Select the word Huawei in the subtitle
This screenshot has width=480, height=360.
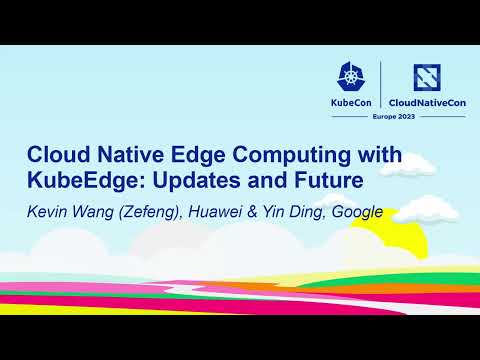tap(221, 212)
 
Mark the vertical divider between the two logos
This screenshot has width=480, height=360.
tap(382, 86)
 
